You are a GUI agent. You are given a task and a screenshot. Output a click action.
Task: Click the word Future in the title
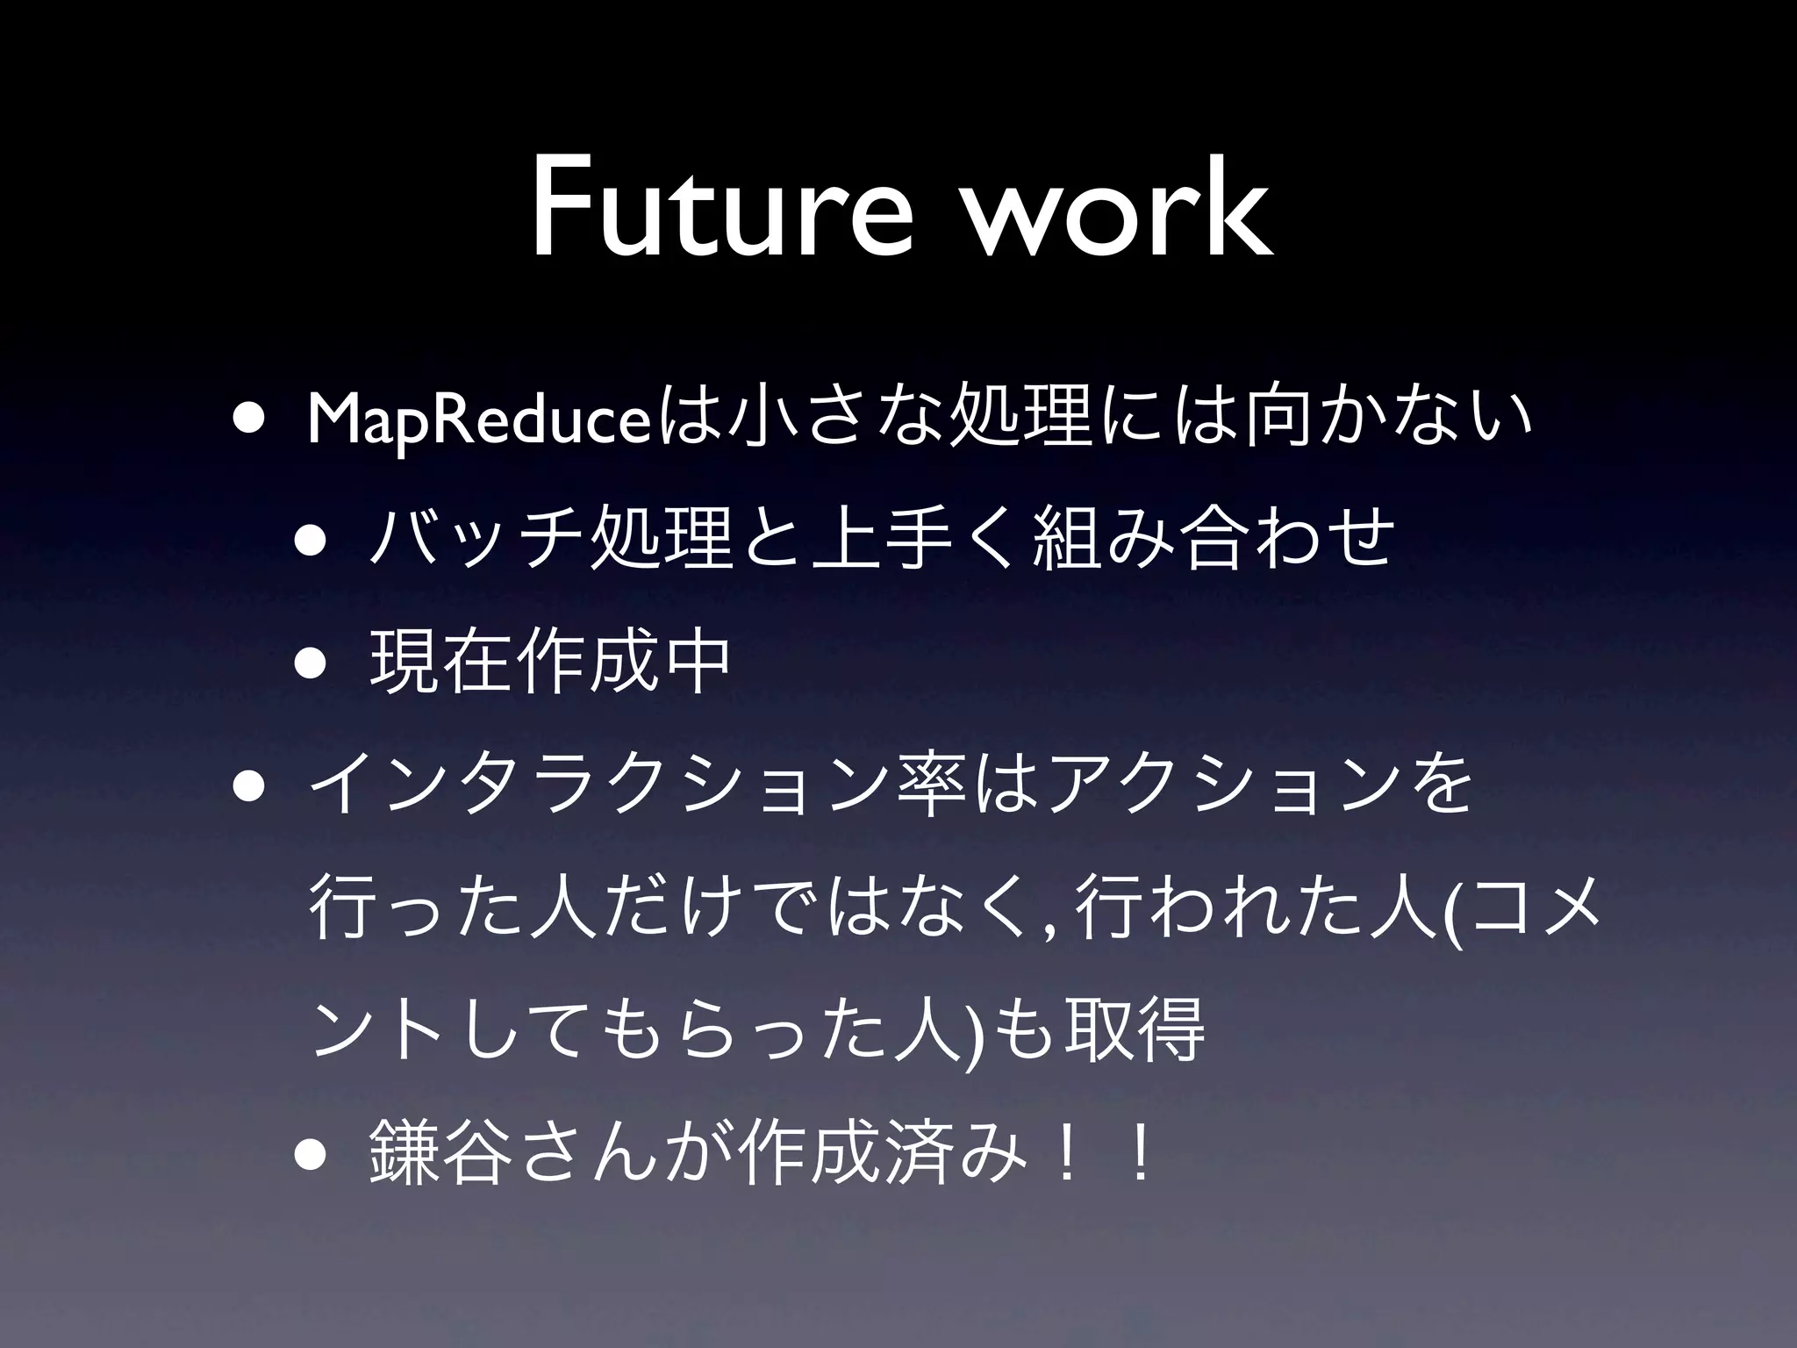[x=720, y=211]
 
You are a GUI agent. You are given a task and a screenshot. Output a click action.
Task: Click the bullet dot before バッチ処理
[x=315, y=541]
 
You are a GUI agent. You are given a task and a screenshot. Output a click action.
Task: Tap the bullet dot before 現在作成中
[x=315, y=663]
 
